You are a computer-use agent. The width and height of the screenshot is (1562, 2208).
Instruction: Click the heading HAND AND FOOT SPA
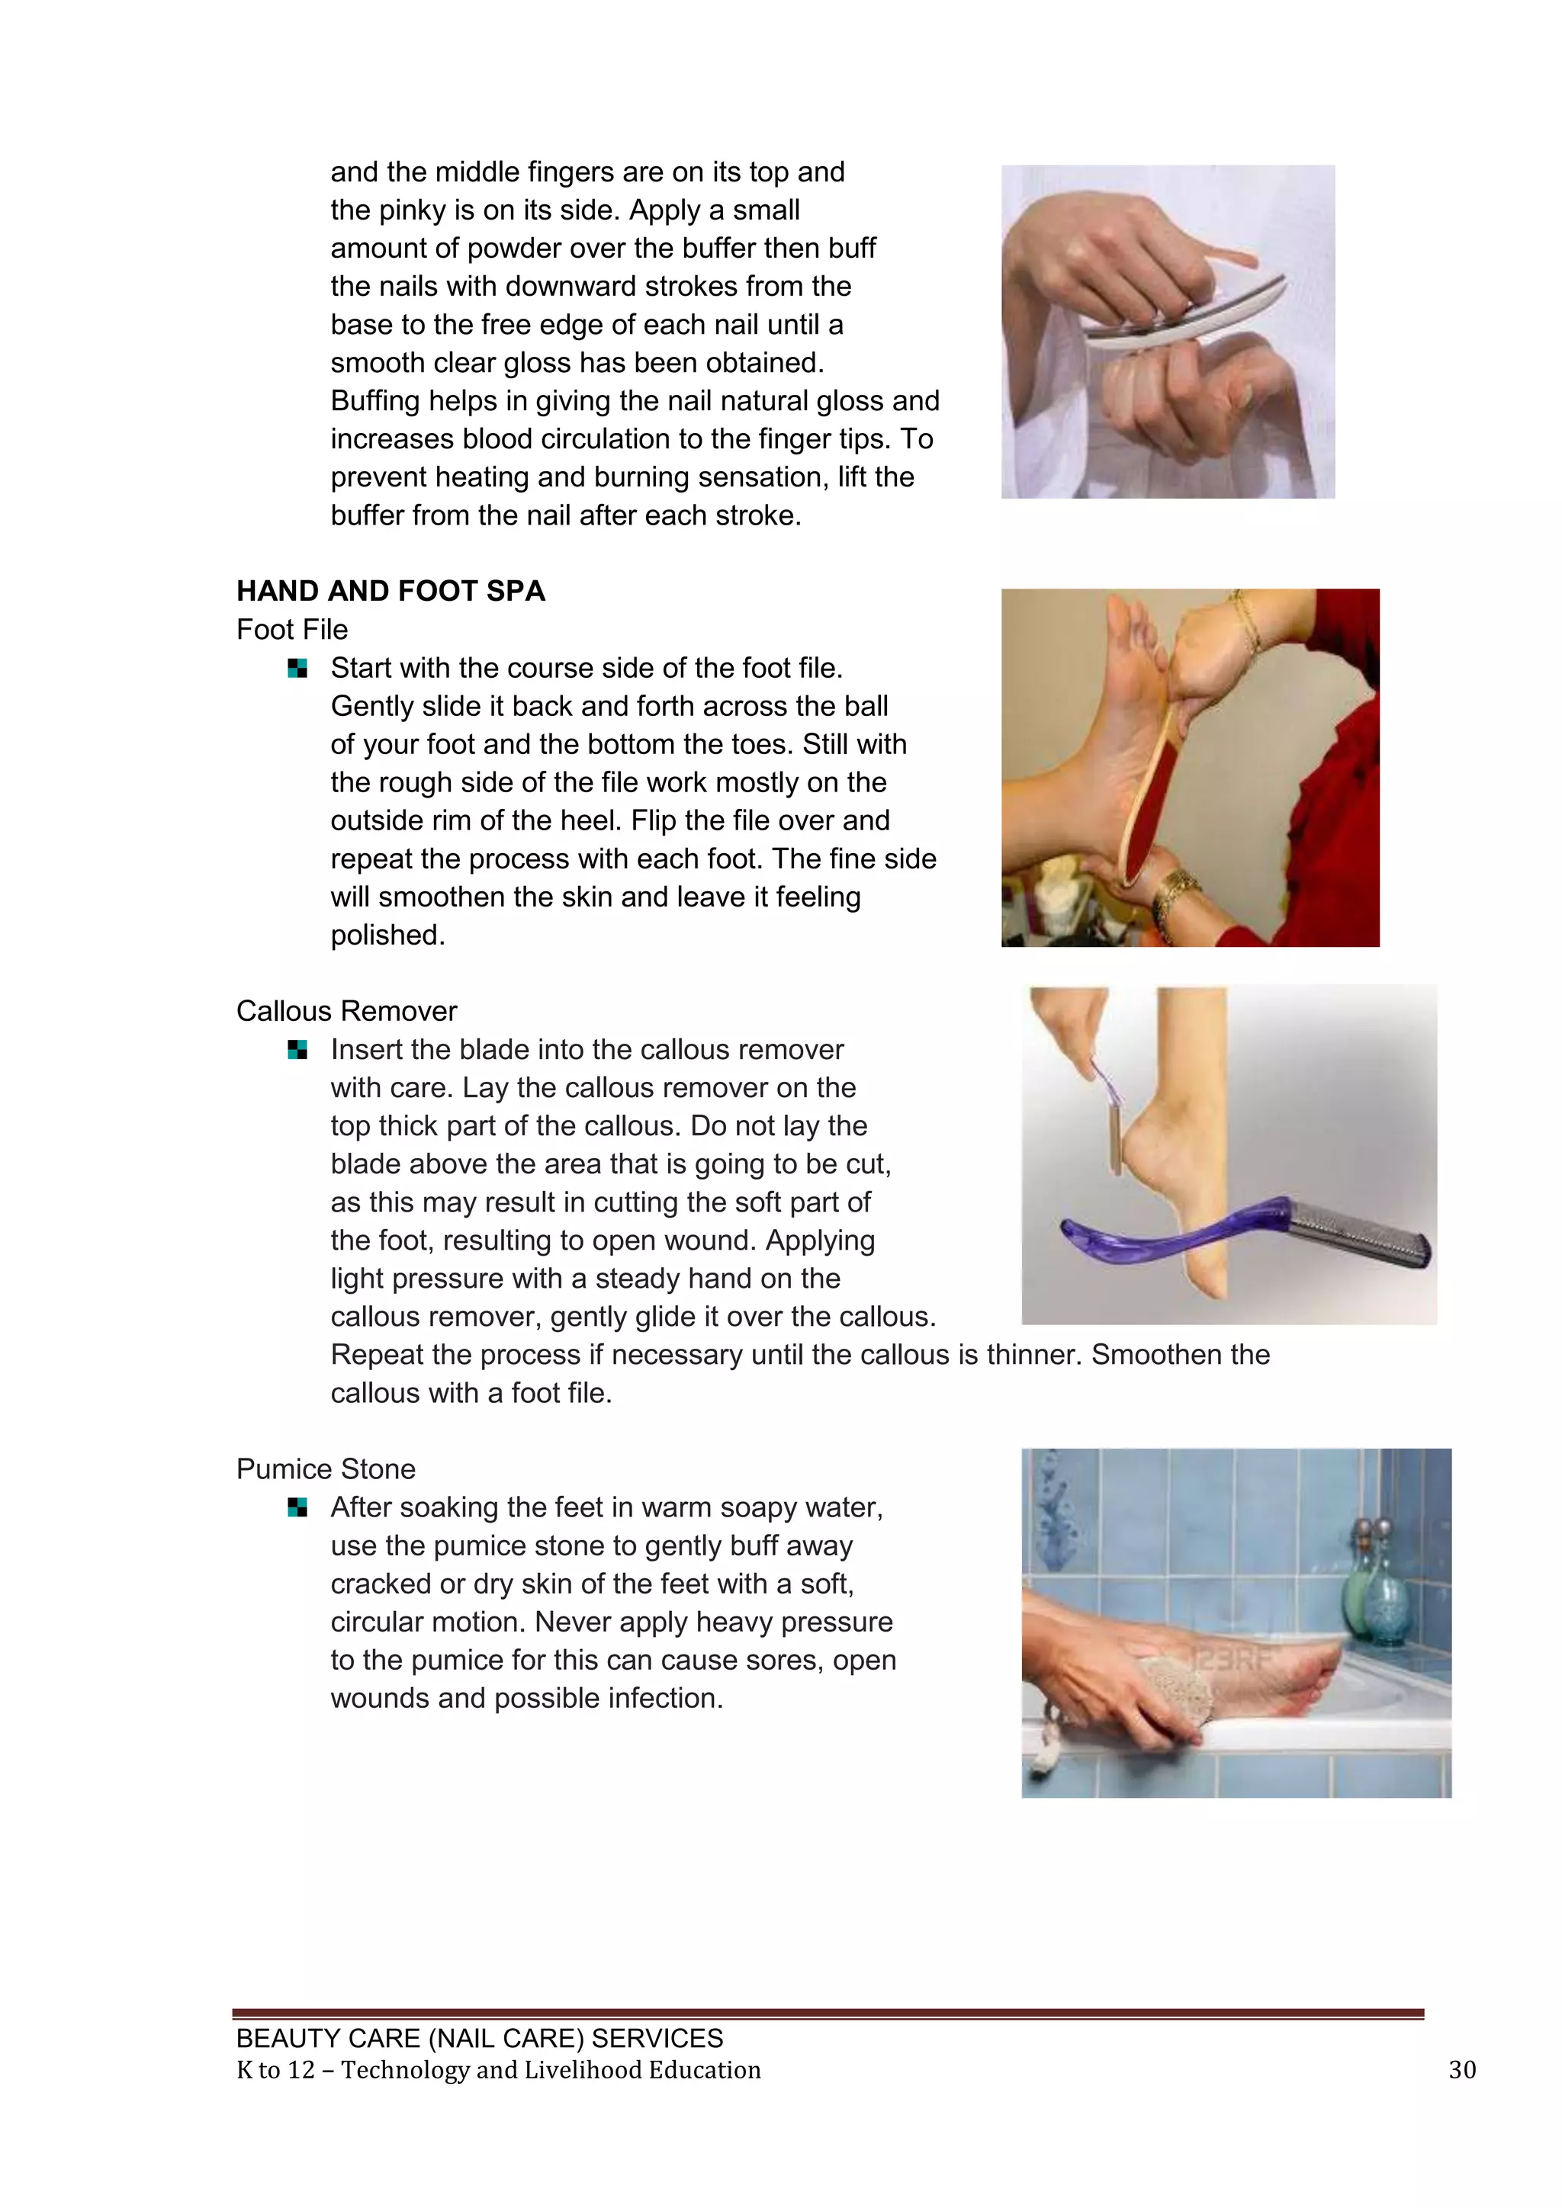390,590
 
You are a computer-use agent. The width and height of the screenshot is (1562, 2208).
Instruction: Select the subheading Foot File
292,630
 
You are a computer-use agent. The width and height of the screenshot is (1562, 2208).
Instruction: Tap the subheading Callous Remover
346,1011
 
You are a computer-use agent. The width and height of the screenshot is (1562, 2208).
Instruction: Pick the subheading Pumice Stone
326,1468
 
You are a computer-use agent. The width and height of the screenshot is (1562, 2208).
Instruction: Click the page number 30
1461,2069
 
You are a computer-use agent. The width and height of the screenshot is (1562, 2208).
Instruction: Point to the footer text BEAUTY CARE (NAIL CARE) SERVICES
479,2038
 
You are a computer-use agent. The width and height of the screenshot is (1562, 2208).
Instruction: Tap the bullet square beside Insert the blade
297,1050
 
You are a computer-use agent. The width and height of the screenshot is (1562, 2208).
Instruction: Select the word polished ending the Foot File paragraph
387,935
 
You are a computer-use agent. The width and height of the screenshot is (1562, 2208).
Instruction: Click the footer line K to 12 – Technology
498,2069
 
